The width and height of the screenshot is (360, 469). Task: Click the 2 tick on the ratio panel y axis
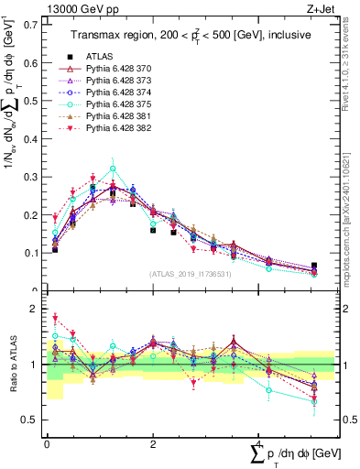point(37,309)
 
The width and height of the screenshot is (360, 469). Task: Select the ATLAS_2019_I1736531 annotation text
point(191,274)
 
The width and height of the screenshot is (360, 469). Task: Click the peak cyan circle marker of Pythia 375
point(113,169)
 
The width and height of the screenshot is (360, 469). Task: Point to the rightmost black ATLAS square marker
point(314,266)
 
